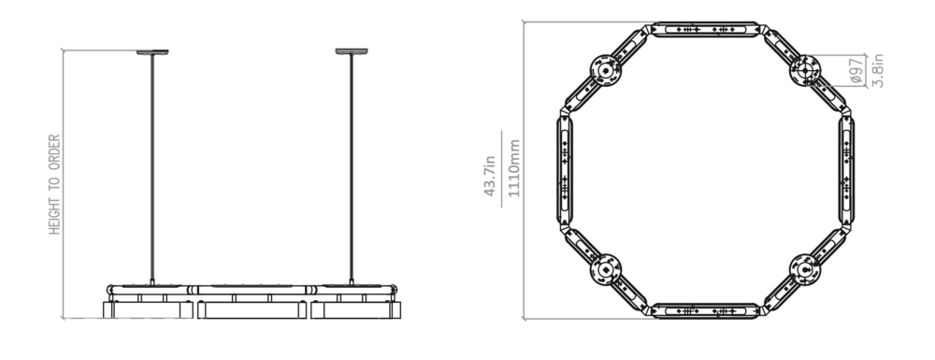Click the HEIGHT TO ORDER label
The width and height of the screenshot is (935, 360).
54,184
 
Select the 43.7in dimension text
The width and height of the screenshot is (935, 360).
490,176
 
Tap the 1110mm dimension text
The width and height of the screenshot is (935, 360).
514,168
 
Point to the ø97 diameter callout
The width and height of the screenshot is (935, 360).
856,71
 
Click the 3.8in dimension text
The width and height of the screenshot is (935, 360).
877,71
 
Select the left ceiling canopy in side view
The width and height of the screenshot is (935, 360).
152,51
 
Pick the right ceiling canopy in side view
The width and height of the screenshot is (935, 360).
352,51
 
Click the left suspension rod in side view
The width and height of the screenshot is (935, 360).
152,169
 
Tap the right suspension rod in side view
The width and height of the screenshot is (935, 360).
352,169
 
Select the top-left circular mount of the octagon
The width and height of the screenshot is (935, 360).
605,70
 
